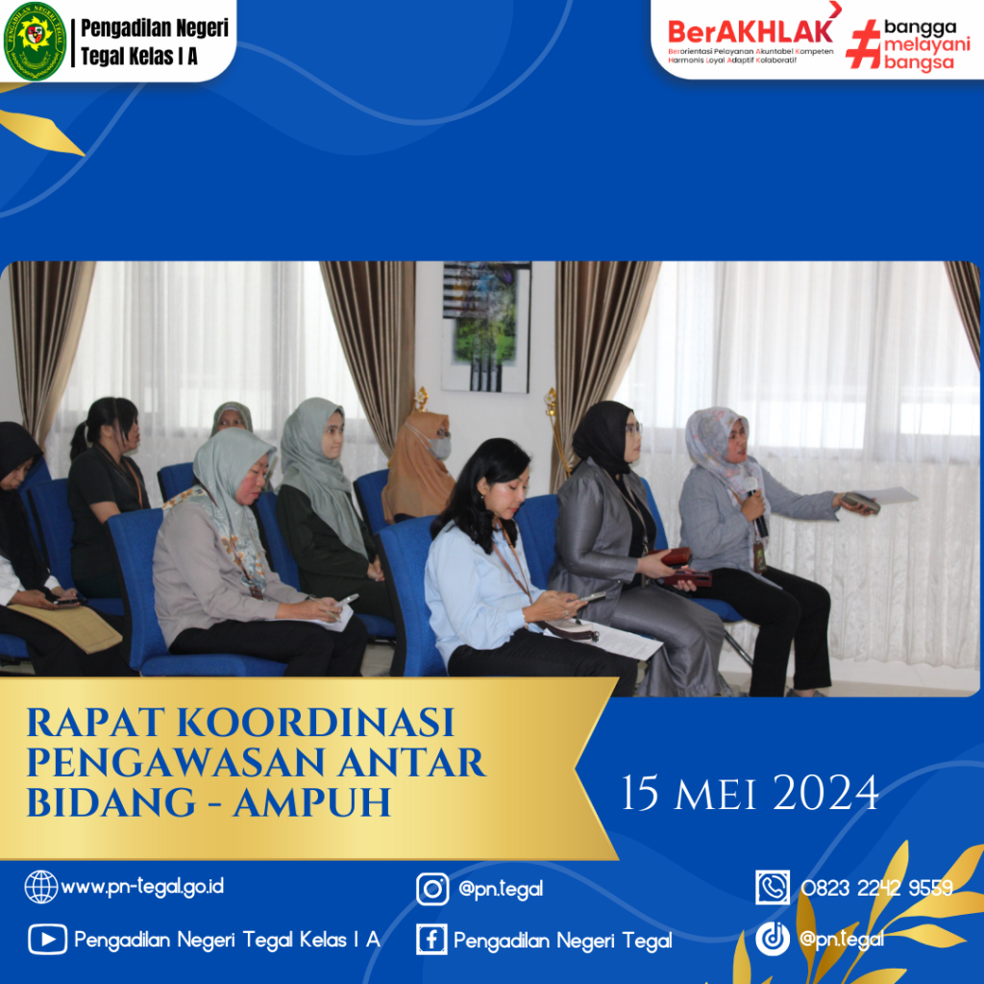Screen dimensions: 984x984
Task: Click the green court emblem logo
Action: pyautogui.click(x=36, y=41)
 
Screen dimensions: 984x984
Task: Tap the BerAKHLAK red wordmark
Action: pyautogui.click(x=750, y=32)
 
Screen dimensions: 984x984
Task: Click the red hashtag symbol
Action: pyautogui.click(x=864, y=44)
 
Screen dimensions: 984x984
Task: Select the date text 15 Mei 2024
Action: pyautogui.click(x=750, y=793)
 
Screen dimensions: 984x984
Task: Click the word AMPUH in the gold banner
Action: pyautogui.click(x=312, y=802)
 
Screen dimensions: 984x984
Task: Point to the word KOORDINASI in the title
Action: pyautogui.click(x=315, y=723)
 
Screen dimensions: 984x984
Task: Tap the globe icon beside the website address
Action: pyautogui.click(x=40, y=887)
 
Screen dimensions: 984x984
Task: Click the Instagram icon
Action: pyautogui.click(x=432, y=889)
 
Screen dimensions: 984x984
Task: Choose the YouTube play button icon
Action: pyautogui.click(x=48, y=940)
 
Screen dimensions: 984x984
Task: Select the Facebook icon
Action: pyautogui.click(x=431, y=940)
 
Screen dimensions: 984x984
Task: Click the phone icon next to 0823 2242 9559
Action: pyautogui.click(x=773, y=887)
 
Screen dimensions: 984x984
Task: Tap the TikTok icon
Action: pyautogui.click(x=773, y=939)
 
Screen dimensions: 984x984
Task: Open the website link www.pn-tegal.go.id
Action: pyautogui.click(x=142, y=887)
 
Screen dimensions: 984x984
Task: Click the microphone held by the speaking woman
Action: pyautogui.click(x=755, y=506)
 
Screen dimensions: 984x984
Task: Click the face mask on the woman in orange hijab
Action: pyautogui.click(x=437, y=446)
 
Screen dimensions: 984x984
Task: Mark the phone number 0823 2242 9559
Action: pyautogui.click(x=876, y=888)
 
